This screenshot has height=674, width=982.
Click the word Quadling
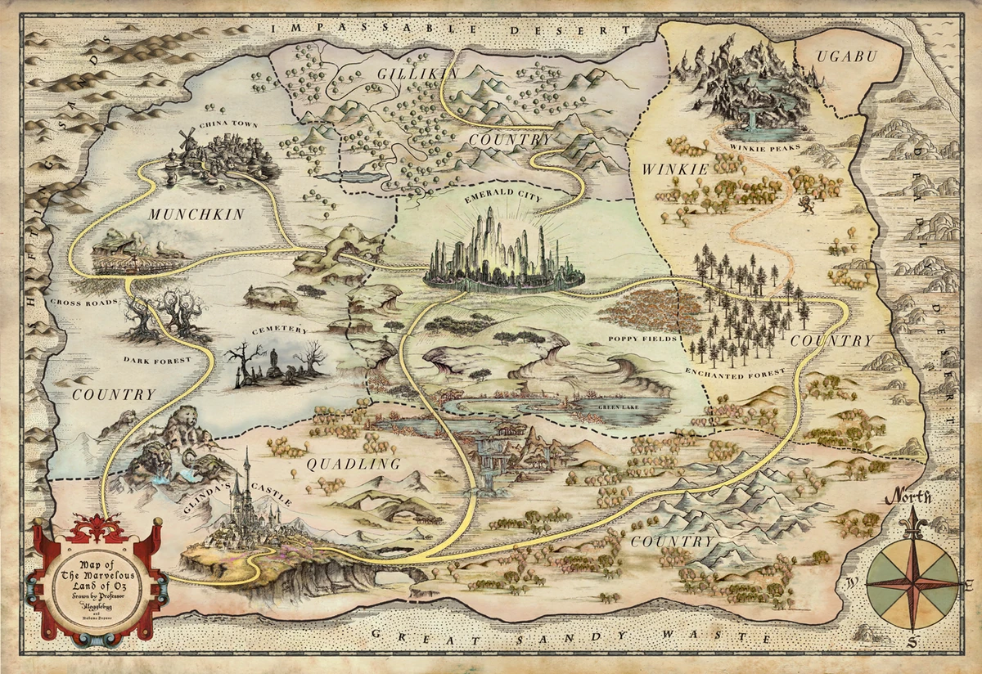pos(353,464)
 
